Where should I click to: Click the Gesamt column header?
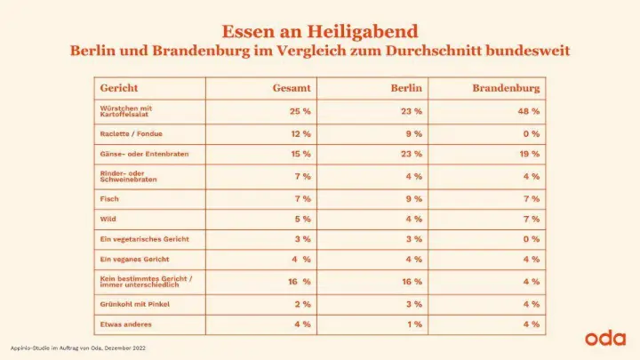click(292, 90)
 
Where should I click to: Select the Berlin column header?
click(406, 90)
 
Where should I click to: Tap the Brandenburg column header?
click(508, 90)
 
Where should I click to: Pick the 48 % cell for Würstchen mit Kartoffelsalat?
click(530, 111)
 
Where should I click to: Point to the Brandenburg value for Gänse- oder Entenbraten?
click(530, 154)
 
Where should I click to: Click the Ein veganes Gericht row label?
click(135, 260)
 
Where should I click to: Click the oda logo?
click(606, 338)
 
